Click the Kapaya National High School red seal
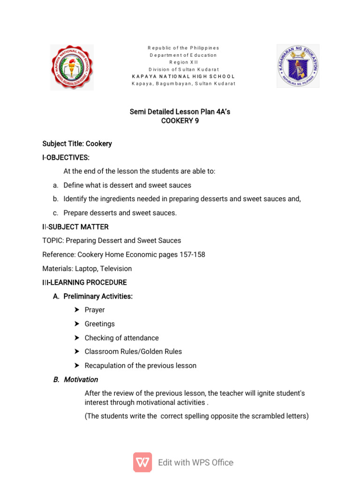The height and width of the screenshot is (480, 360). point(72,67)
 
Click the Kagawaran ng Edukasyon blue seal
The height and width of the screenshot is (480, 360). point(298,66)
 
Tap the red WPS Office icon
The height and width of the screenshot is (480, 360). point(142,462)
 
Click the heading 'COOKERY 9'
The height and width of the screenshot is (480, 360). point(177,121)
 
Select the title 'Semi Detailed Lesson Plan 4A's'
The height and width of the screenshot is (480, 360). point(180,112)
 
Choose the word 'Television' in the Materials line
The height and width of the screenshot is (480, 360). point(116,269)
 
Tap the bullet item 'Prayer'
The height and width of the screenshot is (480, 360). point(95,310)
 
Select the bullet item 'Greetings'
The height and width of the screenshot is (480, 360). point(99,324)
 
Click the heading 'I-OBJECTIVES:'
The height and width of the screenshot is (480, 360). point(66,157)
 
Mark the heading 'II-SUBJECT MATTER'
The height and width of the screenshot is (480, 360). point(75,227)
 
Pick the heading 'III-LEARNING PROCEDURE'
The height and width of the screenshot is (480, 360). point(84,282)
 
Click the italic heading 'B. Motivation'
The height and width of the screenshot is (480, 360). point(75,380)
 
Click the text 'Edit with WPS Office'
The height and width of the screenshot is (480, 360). point(195,462)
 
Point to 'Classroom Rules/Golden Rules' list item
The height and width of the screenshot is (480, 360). point(133,352)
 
